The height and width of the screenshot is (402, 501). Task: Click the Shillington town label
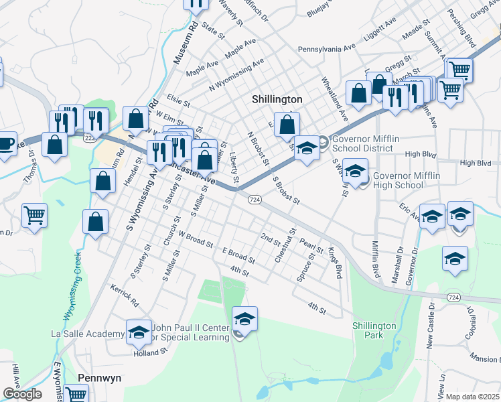tap(277, 99)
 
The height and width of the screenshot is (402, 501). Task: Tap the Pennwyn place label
tap(100, 378)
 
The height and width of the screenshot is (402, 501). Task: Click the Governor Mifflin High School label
tap(409, 180)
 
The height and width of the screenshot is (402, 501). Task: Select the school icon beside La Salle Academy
tap(139, 331)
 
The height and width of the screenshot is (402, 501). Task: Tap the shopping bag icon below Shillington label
tap(287, 125)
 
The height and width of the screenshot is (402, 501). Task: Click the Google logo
tap(22, 394)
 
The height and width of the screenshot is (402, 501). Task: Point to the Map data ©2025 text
tap(473, 397)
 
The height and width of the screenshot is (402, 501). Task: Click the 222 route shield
tap(89, 137)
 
